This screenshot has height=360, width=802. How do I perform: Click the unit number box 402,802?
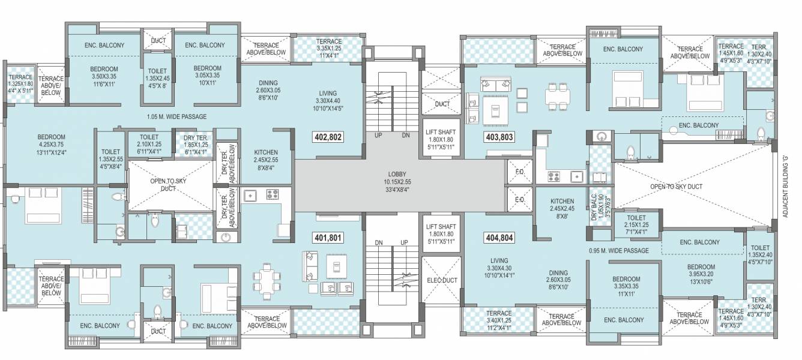(328, 137)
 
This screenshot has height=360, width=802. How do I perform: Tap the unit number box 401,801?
(328, 238)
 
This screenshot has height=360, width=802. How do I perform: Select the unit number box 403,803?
(498, 137)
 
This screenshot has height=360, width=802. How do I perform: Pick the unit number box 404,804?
(498, 238)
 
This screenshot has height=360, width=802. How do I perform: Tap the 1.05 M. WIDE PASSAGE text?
(176, 117)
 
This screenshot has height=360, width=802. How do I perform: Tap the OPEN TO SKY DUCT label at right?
(676, 187)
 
